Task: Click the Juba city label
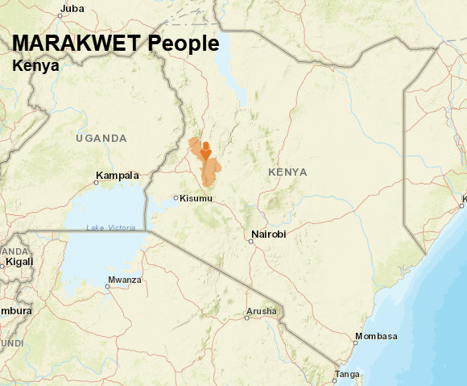pos(72,9)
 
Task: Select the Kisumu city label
pos(197,198)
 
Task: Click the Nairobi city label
pos(268,235)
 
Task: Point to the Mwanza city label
pos(124,280)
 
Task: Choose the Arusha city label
pos(262,311)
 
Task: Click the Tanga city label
pos(348,374)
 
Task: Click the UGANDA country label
pos(101,139)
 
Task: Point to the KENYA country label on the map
pos(287,172)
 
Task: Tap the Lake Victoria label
pos(110,229)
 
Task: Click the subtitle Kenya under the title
pos(35,66)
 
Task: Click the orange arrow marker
pos(206,151)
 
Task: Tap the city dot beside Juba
pos(60,15)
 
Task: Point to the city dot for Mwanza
pos(107,286)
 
